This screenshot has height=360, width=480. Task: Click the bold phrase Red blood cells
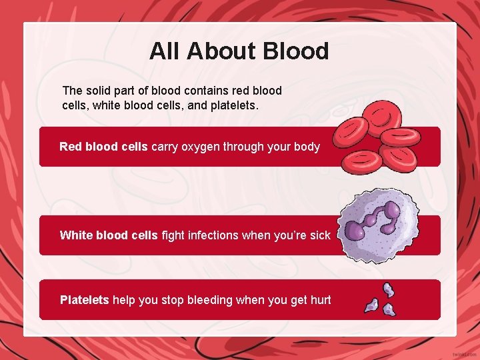pos(103,147)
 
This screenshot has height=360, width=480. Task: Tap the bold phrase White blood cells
pos(109,235)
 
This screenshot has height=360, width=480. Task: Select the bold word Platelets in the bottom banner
pos(84,300)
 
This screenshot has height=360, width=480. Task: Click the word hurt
pos(320,300)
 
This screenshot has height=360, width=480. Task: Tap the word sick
pos(319,235)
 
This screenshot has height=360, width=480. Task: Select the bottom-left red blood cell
pos(361,160)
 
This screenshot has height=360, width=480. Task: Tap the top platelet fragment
pos(387,289)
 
